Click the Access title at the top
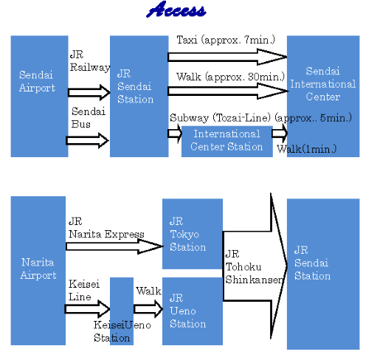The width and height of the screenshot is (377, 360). click(176, 10)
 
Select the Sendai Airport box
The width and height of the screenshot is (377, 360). click(39, 96)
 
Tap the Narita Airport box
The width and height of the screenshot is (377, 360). click(38, 271)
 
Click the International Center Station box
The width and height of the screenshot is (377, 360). click(227, 141)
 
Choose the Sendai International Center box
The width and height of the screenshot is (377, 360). click(323, 96)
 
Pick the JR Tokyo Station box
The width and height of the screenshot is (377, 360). click(193, 234)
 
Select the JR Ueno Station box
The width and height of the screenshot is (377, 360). click(193, 311)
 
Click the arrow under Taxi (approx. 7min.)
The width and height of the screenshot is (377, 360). click(227, 57)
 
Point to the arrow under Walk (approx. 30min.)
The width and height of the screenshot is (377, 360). click(228, 91)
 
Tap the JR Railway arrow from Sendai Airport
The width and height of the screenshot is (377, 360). click(89, 92)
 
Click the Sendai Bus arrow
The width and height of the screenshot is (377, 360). click(87, 140)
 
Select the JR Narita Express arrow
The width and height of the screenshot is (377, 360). click(114, 246)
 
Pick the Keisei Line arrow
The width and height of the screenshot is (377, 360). click(87, 309)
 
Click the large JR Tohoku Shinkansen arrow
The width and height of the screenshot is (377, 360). click(255, 266)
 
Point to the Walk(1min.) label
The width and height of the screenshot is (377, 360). click(306, 149)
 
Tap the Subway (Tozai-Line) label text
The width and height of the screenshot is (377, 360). click(220, 118)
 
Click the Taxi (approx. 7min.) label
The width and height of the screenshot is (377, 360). click(226, 40)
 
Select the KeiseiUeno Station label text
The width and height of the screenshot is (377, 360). click(122, 331)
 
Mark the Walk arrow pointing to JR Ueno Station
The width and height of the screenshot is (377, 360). click(148, 309)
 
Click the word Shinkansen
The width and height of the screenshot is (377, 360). click(254, 280)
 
